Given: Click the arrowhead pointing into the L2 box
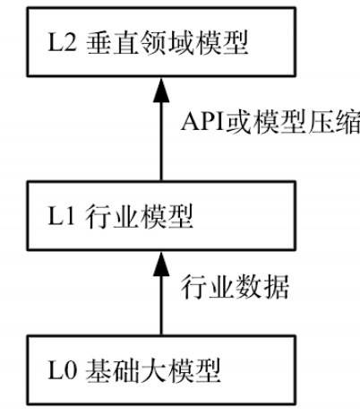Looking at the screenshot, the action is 161,91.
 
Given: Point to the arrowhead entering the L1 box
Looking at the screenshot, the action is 161,264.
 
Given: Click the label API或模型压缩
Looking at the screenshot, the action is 270,123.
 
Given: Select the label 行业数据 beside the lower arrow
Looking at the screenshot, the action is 235,287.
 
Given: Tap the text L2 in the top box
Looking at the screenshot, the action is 62,42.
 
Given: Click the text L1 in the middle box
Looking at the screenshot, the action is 61,215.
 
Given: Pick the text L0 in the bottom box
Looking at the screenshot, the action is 63,370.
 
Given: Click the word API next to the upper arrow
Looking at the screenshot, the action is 203,122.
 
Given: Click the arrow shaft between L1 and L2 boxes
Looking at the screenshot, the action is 161,142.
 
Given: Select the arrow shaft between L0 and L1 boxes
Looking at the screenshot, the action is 161,306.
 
